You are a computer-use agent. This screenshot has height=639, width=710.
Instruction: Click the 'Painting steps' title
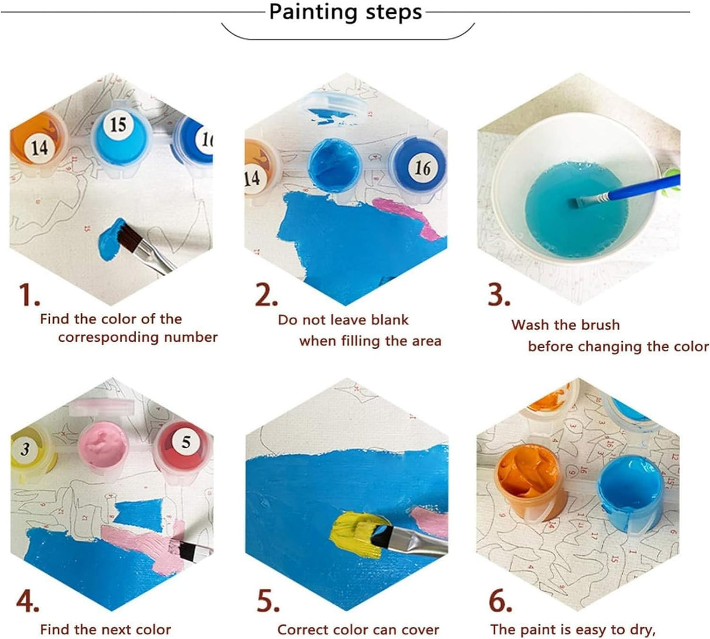[x=345, y=12]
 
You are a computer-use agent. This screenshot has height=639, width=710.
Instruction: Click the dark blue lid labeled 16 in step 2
[x=420, y=169]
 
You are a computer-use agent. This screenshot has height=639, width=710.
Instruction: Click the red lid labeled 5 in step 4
[x=184, y=445]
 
